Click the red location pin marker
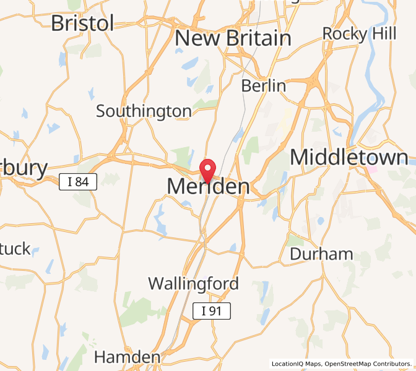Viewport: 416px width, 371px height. point(208,168)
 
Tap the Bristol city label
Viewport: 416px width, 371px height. point(82,23)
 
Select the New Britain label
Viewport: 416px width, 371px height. point(233,38)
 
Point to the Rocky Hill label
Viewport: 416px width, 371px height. point(359,33)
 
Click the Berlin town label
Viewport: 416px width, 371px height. point(264,85)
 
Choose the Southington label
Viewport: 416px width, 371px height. point(144,111)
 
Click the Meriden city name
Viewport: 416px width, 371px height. point(208,186)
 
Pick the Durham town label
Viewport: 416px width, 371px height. point(321,254)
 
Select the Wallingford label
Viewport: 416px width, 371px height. point(193,284)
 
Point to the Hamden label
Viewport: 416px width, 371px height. point(127,357)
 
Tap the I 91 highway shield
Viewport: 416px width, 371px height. point(211,311)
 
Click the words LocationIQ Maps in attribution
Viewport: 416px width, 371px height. point(296,364)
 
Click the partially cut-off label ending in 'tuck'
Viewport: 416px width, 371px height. point(15,249)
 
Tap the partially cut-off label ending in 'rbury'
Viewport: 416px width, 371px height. point(24,168)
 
